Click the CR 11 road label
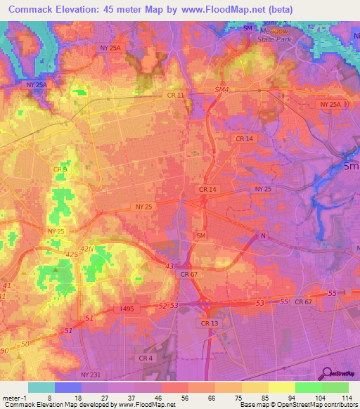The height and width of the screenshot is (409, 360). [x=176, y=95]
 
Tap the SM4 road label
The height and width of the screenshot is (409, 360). [x=221, y=90]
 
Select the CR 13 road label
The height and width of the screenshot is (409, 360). [x=209, y=323]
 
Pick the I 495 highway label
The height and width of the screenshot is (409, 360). [x=127, y=309]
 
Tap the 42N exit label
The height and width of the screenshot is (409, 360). [x=86, y=249]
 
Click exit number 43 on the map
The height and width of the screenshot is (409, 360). [x=169, y=266]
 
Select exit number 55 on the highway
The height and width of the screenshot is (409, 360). [x=284, y=301]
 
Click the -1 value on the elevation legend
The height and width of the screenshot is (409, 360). [x=12, y=397]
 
